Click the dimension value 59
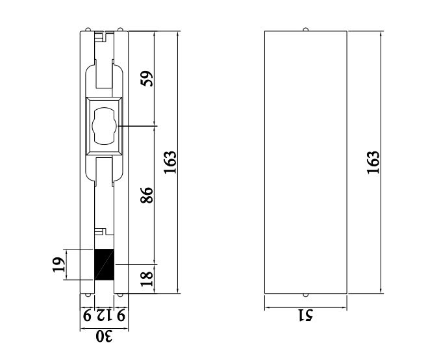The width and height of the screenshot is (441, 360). [x=147, y=79]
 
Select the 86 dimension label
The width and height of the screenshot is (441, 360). [x=147, y=194]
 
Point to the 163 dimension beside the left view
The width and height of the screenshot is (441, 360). [x=170, y=162]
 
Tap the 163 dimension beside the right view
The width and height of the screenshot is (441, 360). [x=373, y=162]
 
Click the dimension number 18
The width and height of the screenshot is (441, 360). [x=147, y=279]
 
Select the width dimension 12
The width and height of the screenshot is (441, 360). [x=105, y=316]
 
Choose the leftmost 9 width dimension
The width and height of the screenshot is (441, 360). [x=87, y=316]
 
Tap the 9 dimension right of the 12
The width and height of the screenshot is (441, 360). [x=121, y=316]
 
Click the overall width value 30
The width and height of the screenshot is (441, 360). [x=104, y=337]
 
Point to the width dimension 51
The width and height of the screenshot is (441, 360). [x=305, y=315]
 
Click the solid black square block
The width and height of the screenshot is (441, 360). [x=104, y=264]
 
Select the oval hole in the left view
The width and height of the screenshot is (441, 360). [x=104, y=125]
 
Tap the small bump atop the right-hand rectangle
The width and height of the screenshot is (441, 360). [x=306, y=29]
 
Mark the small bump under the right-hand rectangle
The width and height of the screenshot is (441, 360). [x=306, y=295]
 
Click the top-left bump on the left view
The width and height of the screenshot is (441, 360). [x=87, y=29]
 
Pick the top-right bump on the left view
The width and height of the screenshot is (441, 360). [x=121, y=29]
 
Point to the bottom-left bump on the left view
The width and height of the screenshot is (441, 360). [x=87, y=295]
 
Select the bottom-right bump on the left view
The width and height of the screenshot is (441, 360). [x=121, y=295]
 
